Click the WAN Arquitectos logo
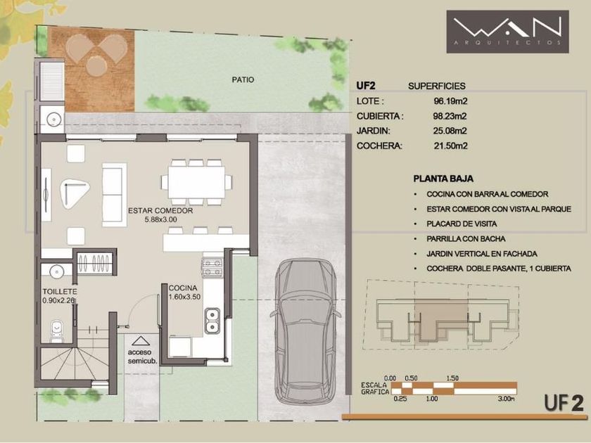[507, 32]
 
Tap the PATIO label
[243, 80]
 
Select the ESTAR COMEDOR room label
[160, 211]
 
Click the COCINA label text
[183, 288]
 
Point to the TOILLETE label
[60, 292]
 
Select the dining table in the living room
[196, 182]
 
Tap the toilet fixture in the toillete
[56, 331]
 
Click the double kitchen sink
[212, 321]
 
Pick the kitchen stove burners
[212, 267]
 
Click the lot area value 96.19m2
[450, 101]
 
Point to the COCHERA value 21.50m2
[450, 146]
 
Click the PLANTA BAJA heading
[443, 179]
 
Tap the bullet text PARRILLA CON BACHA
[466, 239]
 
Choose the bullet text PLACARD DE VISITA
[462, 224]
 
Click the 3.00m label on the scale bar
[506, 399]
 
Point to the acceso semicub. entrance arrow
[140, 341]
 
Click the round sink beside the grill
[54, 120]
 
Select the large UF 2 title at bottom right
[564, 403]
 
